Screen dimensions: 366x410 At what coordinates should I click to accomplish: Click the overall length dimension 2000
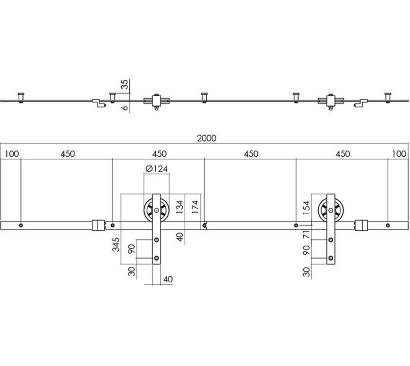(207, 138)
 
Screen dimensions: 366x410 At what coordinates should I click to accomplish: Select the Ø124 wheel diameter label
(156, 169)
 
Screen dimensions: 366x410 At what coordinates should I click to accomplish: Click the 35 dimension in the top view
(125, 85)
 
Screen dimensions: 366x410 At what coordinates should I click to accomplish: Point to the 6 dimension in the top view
(125, 108)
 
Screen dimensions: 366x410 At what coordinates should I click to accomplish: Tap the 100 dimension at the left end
(12, 154)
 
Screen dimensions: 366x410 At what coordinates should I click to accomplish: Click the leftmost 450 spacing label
(67, 154)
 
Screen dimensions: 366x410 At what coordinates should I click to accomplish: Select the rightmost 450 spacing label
(343, 154)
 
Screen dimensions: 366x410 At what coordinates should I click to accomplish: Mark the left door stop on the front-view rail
(98, 225)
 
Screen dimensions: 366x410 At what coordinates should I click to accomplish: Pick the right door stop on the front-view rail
(361, 225)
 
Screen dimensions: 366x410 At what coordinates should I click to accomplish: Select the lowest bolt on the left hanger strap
(157, 258)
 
